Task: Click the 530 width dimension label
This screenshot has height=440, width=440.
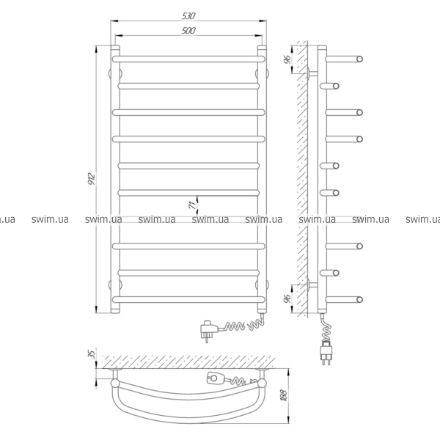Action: pyautogui.click(x=188, y=16)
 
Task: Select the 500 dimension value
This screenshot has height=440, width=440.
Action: pyautogui.click(x=188, y=31)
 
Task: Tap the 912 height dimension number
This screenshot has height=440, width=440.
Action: pyautogui.click(x=92, y=178)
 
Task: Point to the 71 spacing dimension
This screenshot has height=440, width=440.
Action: pyautogui.click(x=193, y=205)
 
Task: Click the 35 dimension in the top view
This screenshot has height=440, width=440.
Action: pyautogui.click(x=92, y=354)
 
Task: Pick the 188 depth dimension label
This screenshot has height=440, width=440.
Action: pyautogui.click(x=284, y=395)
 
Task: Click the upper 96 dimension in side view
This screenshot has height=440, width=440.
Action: pyautogui.click(x=287, y=59)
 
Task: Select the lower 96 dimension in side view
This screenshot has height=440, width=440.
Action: pyautogui.click(x=287, y=299)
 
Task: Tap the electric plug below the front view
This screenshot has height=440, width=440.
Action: pyautogui.click(x=208, y=330)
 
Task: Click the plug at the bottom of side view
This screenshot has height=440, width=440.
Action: pyautogui.click(x=326, y=352)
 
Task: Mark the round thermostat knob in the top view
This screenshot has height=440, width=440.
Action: pyautogui.click(x=214, y=378)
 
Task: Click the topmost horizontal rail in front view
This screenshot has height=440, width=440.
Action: pyautogui.click(x=188, y=59)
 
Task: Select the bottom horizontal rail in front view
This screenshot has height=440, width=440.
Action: pyautogui.click(x=188, y=299)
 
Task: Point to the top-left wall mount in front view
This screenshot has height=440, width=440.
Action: pyautogui.click(x=115, y=73)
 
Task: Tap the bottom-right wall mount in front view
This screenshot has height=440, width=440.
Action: pyautogui.click(x=262, y=285)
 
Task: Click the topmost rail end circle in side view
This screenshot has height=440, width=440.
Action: pyautogui.click(x=359, y=59)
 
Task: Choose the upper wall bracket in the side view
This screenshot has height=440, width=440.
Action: pyautogui.click(x=312, y=73)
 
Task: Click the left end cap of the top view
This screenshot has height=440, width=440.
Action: pyautogui.click(x=115, y=383)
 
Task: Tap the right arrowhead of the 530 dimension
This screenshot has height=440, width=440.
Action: pyautogui.click(x=263, y=21)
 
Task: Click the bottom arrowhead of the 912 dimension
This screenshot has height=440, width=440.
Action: pyautogui.click(x=96, y=309)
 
